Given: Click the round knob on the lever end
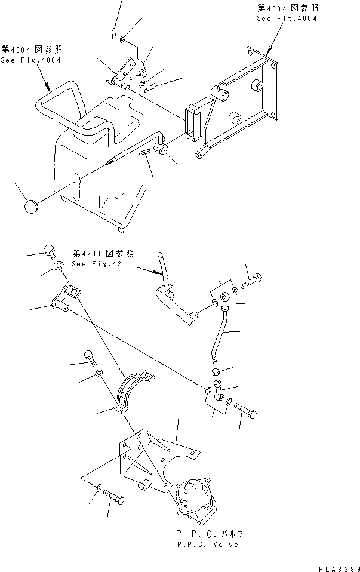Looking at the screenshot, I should [30, 207].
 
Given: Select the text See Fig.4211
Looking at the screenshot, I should [103, 263].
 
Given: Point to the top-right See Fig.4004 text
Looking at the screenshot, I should [287, 19].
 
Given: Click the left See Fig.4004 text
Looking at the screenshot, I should [30, 60].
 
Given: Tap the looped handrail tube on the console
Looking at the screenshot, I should [66, 113].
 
